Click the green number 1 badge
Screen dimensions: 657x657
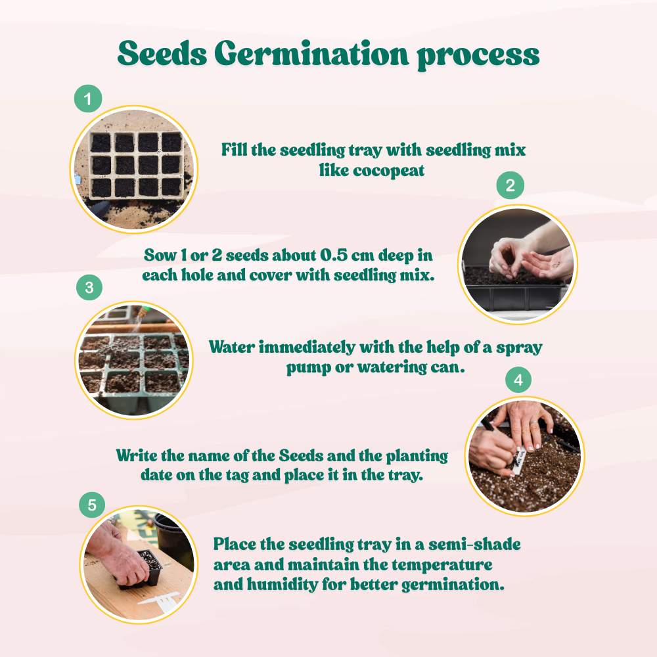point(89,100)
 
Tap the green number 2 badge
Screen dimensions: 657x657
point(510,186)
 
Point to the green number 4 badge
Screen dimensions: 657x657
point(518,380)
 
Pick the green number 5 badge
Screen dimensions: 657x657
point(92,505)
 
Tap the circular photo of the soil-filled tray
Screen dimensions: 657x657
point(134,170)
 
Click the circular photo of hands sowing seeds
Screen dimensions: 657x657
point(516,264)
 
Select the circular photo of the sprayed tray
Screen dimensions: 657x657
point(133,359)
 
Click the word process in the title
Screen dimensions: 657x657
point(478,56)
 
